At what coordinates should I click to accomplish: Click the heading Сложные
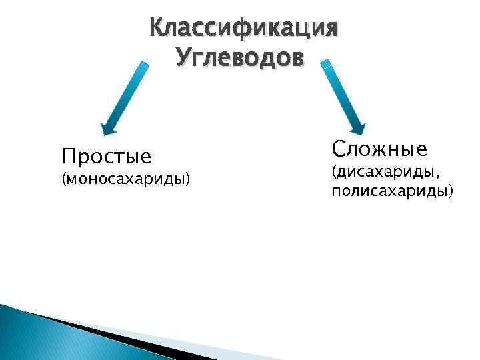tap(379, 148)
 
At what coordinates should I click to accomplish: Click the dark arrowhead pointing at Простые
tap(108, 129)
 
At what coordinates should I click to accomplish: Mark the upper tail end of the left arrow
tap(144, 65)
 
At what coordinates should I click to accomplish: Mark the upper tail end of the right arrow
tap(326, 64)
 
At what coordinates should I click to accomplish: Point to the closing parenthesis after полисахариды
tap(451, 192)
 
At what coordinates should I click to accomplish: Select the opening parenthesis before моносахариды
tap(63, 179)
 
